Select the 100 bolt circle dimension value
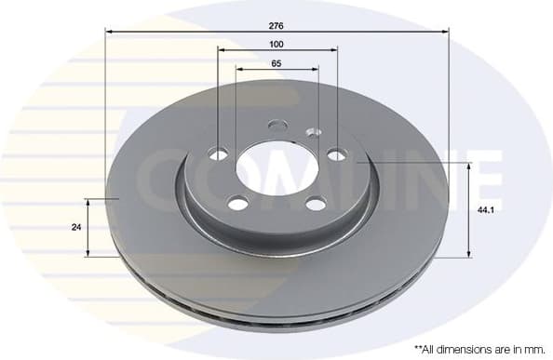tap(276, 44)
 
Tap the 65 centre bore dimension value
tap(276, 63)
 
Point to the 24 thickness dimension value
tap(75, 227)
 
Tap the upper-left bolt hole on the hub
tap(219, 153)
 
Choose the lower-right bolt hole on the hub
tap(315, 204)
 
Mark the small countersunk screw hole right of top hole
tap(312, 131)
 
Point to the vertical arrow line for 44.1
tap(468, 209)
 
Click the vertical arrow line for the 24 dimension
tap(88, 227)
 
